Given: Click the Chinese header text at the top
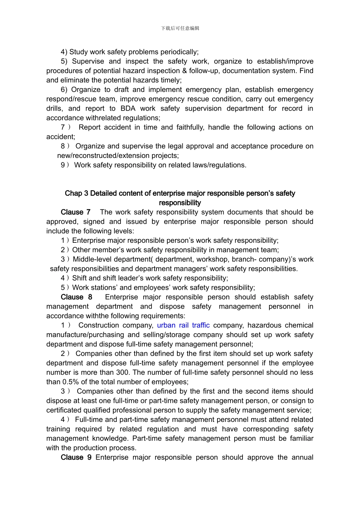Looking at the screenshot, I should tap(180, 28).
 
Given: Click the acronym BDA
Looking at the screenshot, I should tap(128, 109).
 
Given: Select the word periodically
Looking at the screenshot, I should tap(178, 52).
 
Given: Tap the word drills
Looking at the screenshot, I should tap(55, 109).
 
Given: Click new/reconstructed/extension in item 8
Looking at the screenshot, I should tap(118, 156).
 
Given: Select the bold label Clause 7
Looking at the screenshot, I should tap(75, 212).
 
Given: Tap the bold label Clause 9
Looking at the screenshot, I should tap(76, 457).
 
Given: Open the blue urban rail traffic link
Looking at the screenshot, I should tap(183, 325).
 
